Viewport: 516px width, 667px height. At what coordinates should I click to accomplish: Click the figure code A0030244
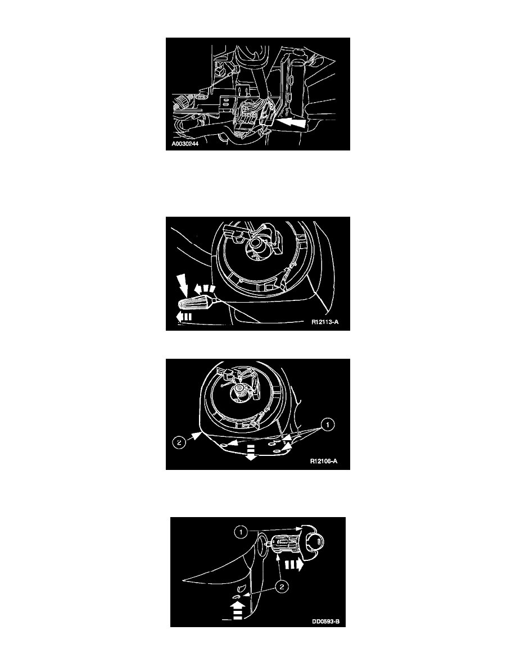pyautogui.click(x=185, y=144)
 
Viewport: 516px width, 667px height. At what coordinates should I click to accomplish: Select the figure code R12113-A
pyautogui.click(x=325, y=322)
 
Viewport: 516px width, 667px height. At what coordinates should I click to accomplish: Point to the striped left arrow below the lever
pyautogui.click(x=184, y=317)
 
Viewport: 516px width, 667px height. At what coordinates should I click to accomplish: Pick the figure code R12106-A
pyautogui.click(x=324, y=461)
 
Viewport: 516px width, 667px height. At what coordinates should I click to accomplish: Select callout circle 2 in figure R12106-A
pyautogui.click(x=179, y=443)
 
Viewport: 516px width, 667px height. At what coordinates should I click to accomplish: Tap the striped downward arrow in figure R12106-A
pyautogui.click(x=251, y=452)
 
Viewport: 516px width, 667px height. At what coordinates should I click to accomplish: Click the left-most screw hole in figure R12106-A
pyautogui.click(x=223, y=445)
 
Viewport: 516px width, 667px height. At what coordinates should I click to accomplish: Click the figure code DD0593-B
pyautogui.click(x=325, y=621)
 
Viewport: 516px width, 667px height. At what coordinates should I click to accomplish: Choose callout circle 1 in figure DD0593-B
pyautogui.click(x=241, y=532)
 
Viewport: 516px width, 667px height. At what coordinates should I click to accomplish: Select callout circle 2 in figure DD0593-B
pyautogui.click(x=281, y=587)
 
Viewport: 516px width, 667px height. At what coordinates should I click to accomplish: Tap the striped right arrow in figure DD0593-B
pyautogui.click(x=293, y=564)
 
